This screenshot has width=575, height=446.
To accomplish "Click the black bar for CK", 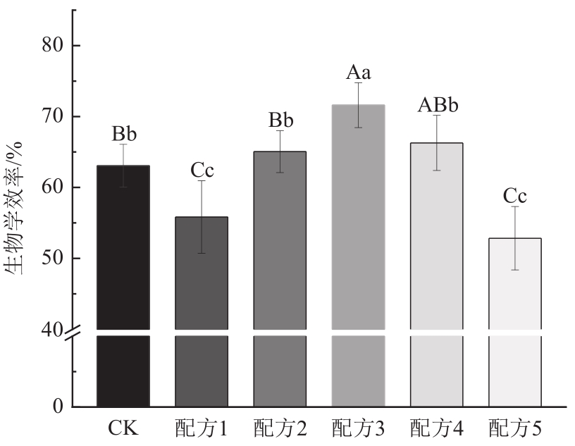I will pos(123,282).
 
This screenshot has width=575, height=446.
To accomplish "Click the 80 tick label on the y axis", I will pos(51,46).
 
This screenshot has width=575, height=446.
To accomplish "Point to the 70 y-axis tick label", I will pos(51,117).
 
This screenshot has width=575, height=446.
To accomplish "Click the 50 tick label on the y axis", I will pos(51,259).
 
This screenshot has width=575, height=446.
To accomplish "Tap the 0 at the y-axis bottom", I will pos(58,407).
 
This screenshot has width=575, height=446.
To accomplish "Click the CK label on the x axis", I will pos(123,428).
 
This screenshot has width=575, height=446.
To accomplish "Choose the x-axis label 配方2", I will pos(280,428).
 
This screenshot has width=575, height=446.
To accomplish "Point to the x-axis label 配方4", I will pos(437,428).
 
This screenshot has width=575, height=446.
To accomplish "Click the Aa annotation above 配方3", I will pos(358,72).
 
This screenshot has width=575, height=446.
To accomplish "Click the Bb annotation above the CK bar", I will pos(123,134).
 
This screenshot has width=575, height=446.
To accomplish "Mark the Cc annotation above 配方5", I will pos(515,196).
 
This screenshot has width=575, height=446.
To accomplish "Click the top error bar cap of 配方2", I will pos(280,131).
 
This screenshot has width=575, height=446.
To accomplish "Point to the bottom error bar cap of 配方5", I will pos(515,270).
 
